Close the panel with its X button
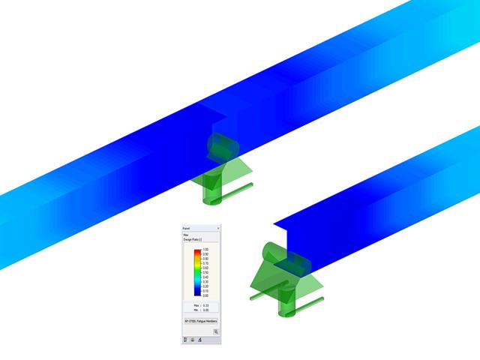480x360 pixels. point(217,227)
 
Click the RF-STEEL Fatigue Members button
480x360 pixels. point(200,320)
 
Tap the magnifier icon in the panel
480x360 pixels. point(214,331)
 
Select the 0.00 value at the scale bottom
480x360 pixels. point(205,295)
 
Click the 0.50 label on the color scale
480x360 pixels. point(205,272)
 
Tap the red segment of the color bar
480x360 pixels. point(197,252)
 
